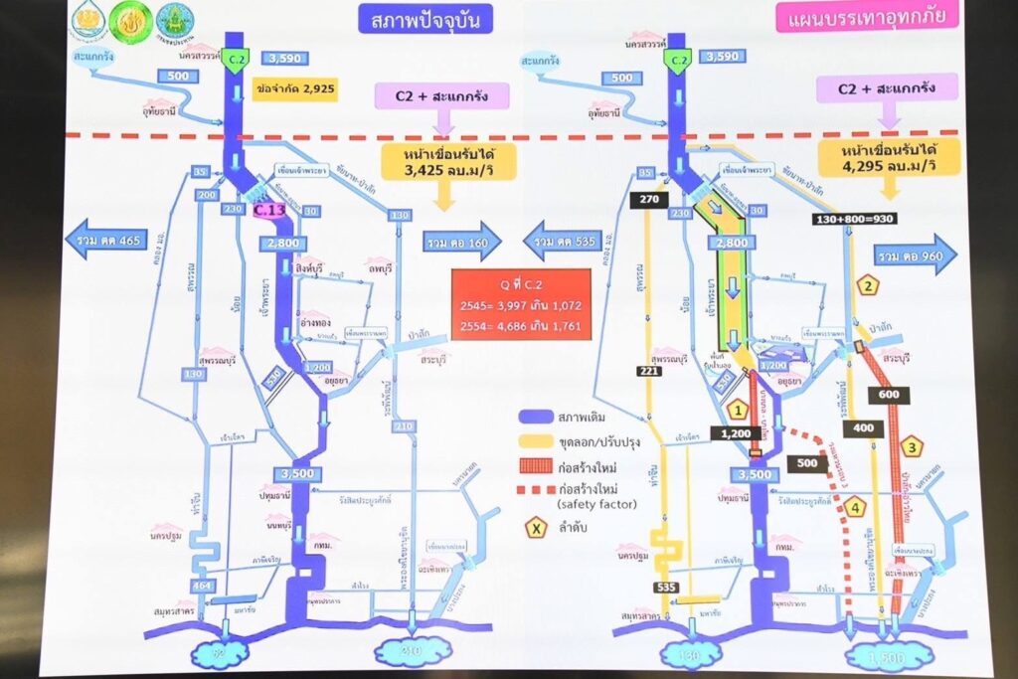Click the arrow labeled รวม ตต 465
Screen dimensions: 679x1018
(105, 240)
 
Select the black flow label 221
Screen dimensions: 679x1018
(649, 371)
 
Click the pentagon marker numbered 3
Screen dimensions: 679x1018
(912, 446)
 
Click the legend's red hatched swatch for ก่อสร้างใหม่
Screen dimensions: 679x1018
(537, 466)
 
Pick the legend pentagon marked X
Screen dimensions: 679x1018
(537, 528)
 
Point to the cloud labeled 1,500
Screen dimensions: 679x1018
(888, 655)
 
